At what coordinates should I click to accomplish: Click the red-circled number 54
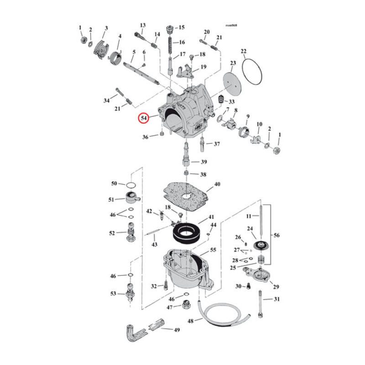coord(144,118)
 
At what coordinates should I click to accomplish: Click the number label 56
coord(276,235)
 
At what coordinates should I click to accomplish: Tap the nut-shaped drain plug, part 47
coord(186,305)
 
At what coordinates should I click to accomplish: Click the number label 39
coord(203,162)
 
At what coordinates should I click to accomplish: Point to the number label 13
coord(142,25)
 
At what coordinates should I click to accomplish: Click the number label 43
coord(155,245)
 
